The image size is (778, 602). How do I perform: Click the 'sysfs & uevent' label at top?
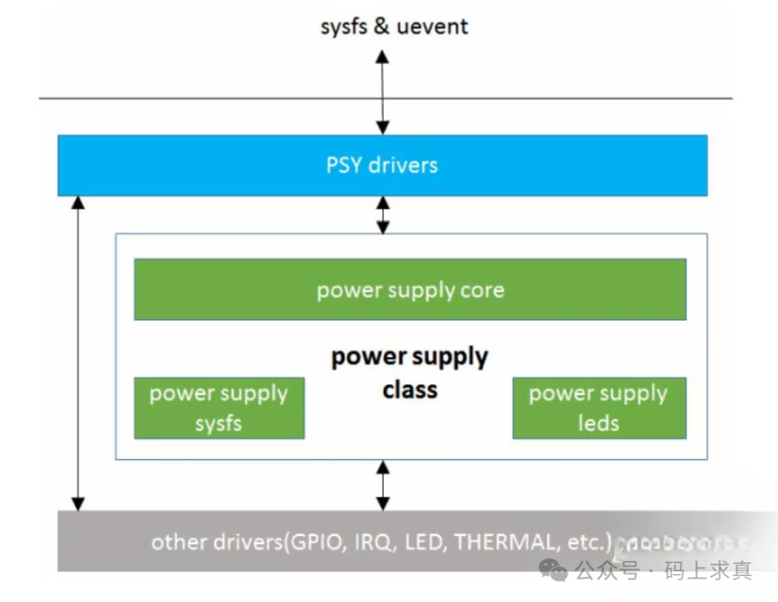394,27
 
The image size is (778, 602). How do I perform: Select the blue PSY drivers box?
383,165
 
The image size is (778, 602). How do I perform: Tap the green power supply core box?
410,290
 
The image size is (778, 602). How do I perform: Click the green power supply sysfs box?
219,408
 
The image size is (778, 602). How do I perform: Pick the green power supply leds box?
599,408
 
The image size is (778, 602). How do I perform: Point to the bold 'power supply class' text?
410,373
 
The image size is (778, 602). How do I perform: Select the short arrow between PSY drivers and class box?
383,215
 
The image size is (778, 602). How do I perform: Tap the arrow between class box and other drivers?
383,485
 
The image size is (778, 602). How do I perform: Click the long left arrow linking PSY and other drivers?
79,353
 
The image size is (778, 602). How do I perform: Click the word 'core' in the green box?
482,291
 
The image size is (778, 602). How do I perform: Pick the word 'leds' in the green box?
599,423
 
